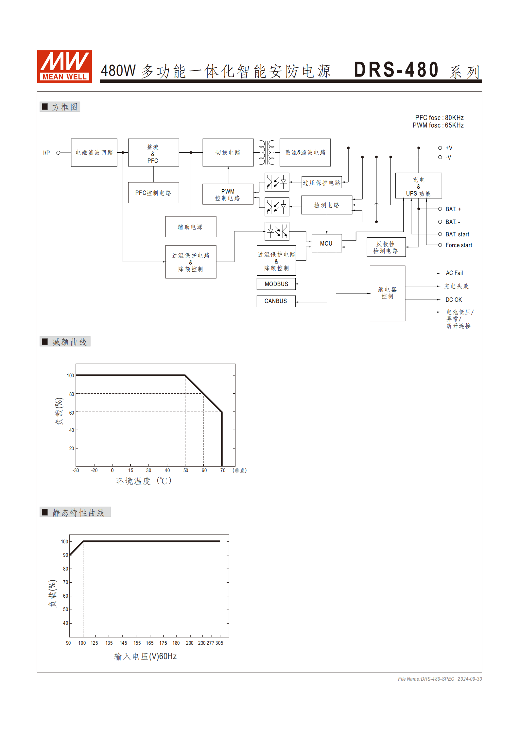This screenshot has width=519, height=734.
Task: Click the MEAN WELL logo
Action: pos(64,66)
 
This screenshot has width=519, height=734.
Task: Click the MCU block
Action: pos(326,243)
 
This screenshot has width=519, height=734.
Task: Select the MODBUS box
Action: pos(276,284)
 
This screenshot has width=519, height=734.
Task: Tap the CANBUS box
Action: pos(276,301)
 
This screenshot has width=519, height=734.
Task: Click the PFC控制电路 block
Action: pos(153,193)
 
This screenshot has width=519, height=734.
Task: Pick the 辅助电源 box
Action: pos(191,227)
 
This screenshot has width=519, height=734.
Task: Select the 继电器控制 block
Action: pos(387,293)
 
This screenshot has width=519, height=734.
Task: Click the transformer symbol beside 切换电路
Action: pos(267,153)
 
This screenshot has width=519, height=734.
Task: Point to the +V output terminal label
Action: pos(449,148)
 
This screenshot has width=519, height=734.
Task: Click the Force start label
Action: pos(458,245)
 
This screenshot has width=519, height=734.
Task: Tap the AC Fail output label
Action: pos(454,273)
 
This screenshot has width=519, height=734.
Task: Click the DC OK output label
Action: pos(454,300)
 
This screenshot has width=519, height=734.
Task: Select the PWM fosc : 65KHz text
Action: pos(438,126)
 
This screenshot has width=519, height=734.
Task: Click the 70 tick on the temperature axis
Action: pos(223,470)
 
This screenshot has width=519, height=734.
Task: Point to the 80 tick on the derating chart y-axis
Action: pos(72,394)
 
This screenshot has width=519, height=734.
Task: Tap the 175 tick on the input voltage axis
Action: pos(163,643)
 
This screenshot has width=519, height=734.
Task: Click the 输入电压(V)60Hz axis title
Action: pos(146,656)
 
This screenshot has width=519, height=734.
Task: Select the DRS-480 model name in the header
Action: pos(396,70)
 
